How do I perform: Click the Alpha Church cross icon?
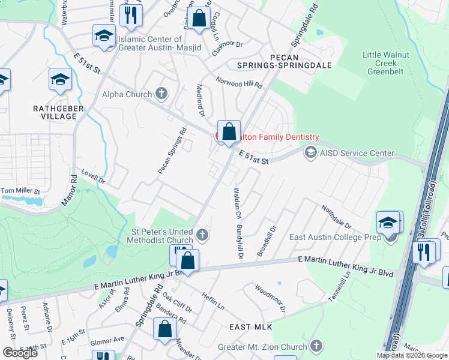pos(160,93)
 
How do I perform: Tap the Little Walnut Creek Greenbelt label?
pos(386,63)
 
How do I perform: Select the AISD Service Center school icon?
pos(310,152)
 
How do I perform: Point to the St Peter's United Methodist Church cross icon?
pos(202,234)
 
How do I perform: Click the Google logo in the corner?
pos(20,352)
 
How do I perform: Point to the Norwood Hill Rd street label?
pos(239,83)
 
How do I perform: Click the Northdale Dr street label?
pos(336,217)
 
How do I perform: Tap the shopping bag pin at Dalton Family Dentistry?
pos(229,132)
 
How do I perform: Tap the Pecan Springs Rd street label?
pos(172,151)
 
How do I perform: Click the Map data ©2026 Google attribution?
pos(412,355)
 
